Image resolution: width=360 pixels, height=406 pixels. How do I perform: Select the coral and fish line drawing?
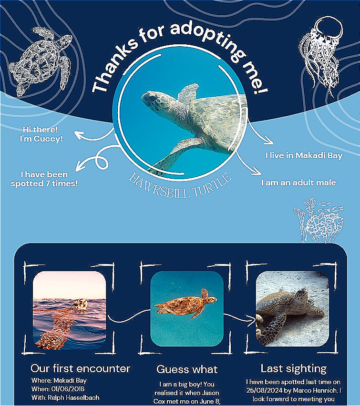[x=319, y=221]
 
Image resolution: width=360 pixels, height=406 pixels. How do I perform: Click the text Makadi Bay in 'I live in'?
[x=319, y=156]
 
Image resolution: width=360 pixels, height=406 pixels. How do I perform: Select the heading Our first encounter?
[x=81, y=368]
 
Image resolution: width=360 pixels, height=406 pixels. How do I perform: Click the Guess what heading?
[x=187, y=369]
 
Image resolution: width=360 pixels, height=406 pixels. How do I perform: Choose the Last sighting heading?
[x=293, y=369]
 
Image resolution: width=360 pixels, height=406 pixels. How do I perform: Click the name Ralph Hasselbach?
[x=73, y=397]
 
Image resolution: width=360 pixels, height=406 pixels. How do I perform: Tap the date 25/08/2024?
[x=262, y=390]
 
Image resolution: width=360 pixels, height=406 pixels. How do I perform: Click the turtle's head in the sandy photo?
[x=301, y=294]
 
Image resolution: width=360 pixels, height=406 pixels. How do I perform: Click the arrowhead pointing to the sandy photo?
[x=254, y=321]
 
